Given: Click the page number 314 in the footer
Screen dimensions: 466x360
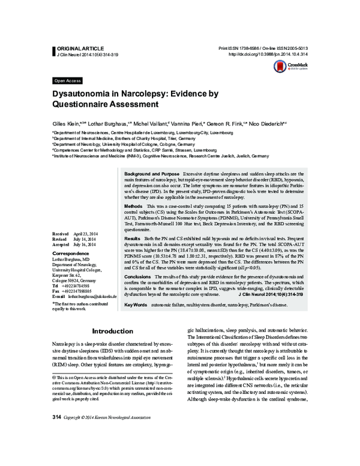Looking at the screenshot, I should (x=57, y=451).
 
